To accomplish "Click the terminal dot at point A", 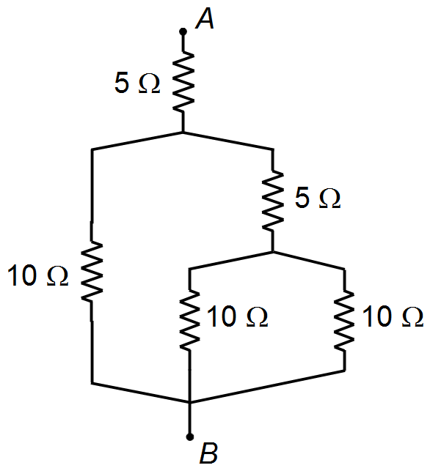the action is [183, 31].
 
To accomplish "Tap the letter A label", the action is [205, 19].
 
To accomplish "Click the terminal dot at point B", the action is [189, 437].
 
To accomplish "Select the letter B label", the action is [208, 453].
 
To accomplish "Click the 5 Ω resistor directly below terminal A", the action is [183, 82].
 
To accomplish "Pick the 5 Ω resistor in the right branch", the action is [273, 201].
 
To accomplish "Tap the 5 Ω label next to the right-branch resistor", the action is [318, 198].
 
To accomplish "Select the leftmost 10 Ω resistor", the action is [92, 270].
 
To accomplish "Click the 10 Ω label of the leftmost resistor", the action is [38, 276].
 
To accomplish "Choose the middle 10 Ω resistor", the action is [189, 319].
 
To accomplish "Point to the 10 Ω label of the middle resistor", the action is [238, 316].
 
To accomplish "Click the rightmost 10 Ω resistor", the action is [344, 319].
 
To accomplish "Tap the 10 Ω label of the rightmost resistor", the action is [393, 316].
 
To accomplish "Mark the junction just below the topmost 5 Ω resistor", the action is [183, 132].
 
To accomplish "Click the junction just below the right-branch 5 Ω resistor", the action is [273, 252].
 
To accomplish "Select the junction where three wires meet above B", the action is [189, 403].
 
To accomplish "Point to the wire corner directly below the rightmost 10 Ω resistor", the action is [344, 371].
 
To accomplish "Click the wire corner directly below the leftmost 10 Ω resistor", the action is [92, 382].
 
